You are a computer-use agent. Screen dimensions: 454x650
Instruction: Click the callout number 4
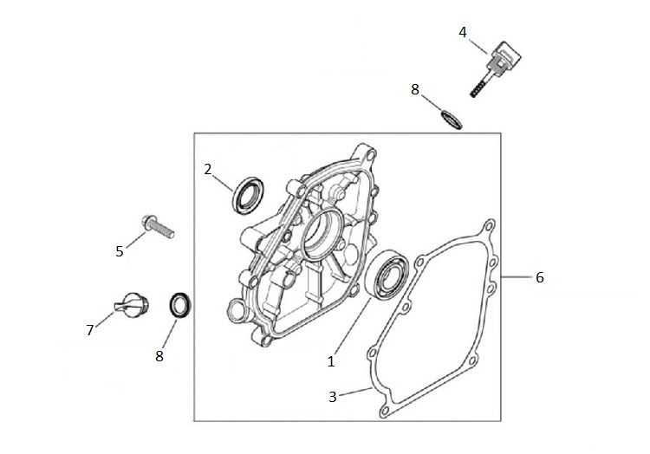463,32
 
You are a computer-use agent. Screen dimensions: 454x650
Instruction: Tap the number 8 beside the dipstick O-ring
414,88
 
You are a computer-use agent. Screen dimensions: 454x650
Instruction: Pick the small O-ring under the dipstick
451,120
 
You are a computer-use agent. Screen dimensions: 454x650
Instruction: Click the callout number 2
208,169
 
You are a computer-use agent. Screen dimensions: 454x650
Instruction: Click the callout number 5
120,251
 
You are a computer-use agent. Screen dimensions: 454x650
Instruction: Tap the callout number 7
89,329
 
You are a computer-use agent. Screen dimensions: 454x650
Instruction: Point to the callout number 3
334,397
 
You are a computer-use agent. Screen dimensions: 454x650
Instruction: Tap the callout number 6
539,277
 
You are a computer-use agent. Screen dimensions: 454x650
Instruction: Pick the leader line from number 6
516,277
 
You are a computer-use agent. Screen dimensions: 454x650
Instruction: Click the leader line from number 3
355,393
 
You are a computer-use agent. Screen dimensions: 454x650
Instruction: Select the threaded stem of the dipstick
478,84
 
